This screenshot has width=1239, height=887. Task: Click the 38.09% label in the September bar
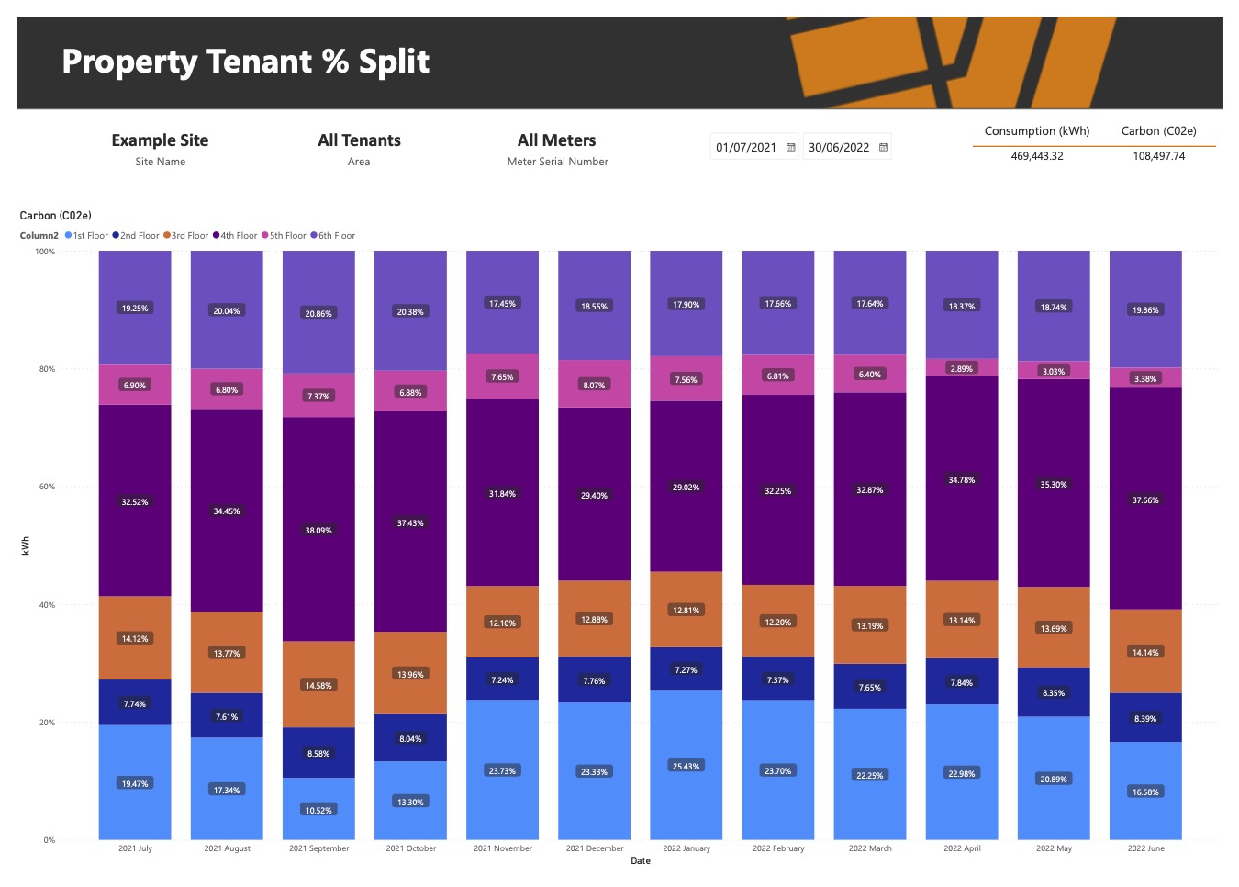tap(318, 531)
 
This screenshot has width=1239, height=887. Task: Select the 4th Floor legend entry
tap(235, 236)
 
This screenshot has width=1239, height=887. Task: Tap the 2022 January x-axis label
tap(686, 848)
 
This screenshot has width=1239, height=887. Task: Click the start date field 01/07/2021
tap(746, 147)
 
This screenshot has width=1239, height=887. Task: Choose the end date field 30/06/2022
tap(839, 147)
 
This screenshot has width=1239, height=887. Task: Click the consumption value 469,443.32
tap(1037, 156)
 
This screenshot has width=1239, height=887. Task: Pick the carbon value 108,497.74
tap(1158, 156)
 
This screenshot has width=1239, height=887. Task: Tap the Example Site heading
tap(160, 140)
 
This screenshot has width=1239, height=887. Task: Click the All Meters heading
tap(556, 140)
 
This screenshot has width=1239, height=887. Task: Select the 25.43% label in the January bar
tap(686, 766)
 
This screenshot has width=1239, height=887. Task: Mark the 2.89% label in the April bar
tap(962, 368)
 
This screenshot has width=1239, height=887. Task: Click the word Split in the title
tap(394, 62)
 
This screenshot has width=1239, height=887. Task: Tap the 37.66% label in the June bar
tap(1145, 500)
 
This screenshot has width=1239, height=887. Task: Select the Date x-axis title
tap(641, 861)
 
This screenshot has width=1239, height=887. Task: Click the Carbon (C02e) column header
tap(1158, 131)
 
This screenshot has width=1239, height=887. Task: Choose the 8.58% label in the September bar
tap(318, 754)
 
